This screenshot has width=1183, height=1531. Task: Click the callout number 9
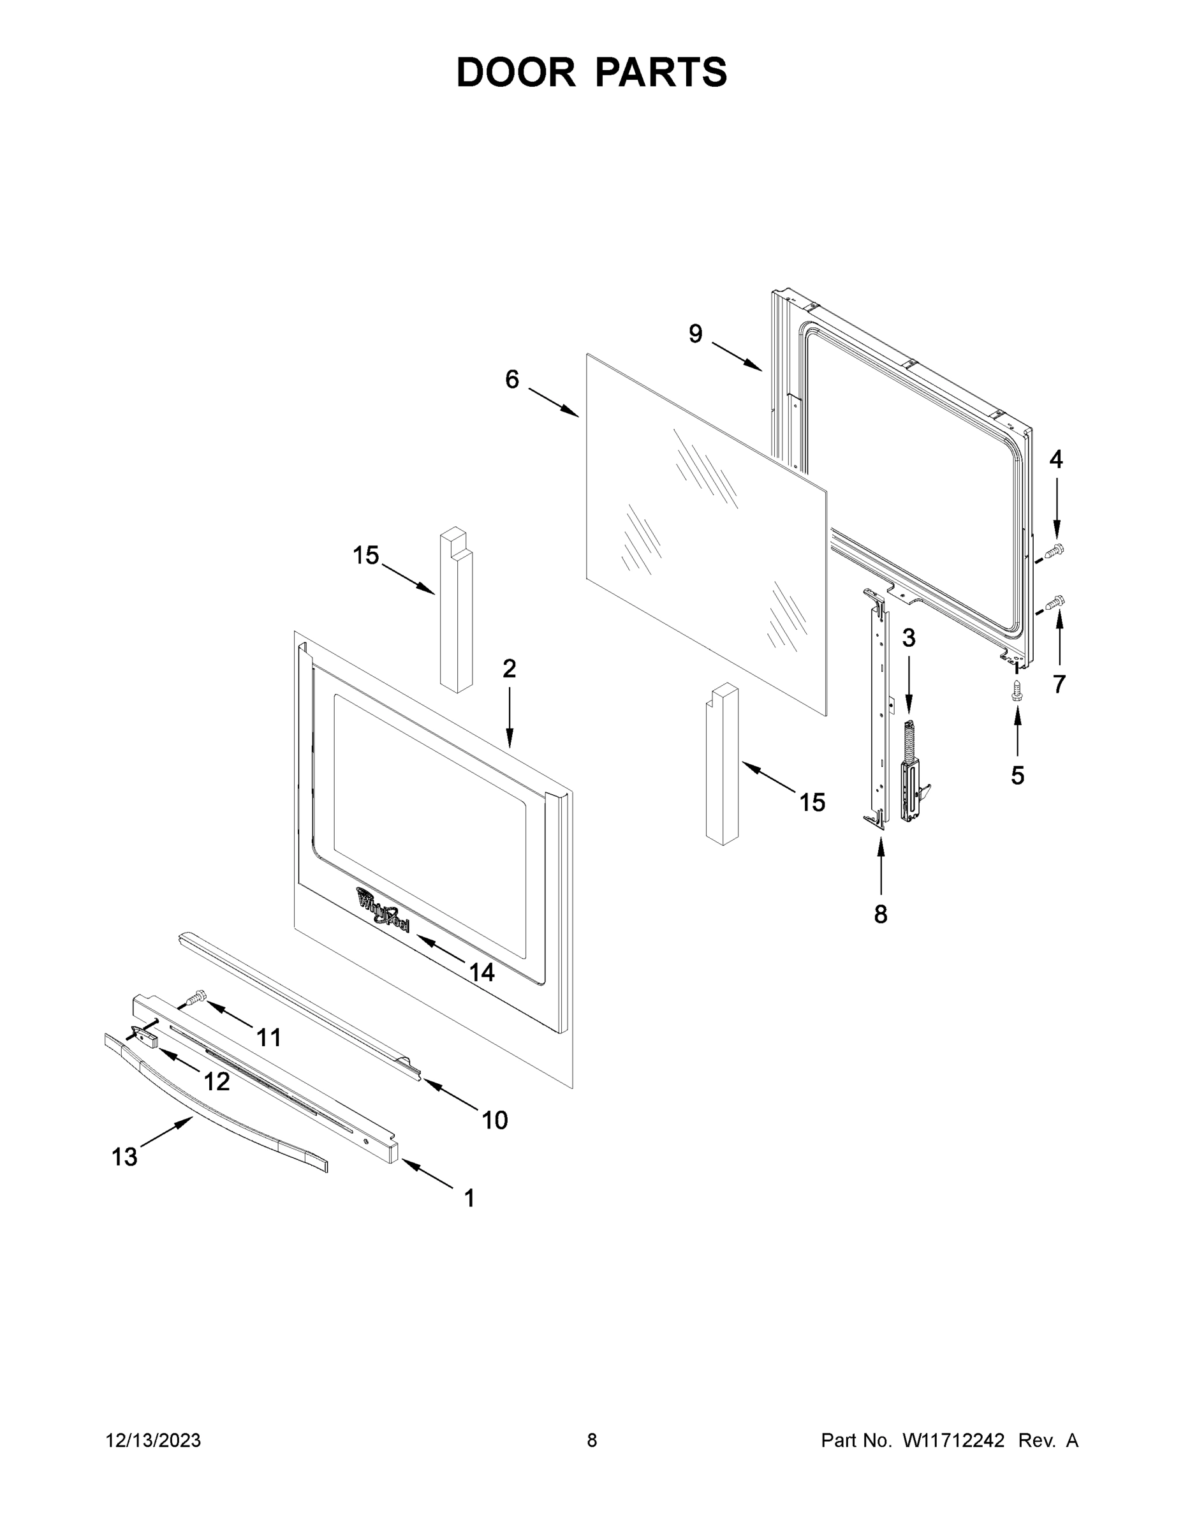(x=694, y=334)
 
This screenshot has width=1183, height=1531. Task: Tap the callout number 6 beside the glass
(x=512, y=380)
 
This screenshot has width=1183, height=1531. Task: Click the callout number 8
(x=880, y=913)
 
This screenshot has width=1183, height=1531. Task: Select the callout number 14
(x=481, y=972)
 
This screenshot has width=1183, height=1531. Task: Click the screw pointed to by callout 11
(x=198, y=995)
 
